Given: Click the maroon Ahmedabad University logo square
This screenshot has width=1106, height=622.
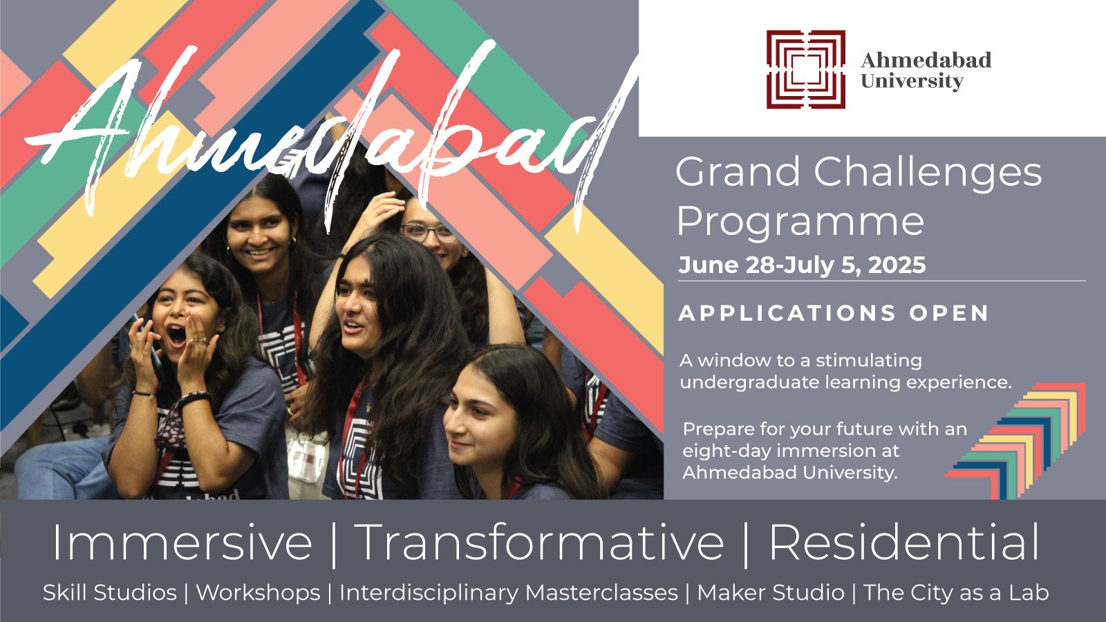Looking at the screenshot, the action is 806,69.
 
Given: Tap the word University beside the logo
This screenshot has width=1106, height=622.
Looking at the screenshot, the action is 912,81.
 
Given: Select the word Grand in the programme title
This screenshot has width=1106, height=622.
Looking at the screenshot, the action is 738,172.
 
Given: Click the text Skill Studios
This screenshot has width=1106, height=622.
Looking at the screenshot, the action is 110,592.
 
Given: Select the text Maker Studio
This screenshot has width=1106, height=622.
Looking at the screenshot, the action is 770,592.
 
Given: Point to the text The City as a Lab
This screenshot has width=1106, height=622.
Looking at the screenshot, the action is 956,592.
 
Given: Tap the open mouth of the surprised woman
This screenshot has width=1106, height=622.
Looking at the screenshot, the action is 176,336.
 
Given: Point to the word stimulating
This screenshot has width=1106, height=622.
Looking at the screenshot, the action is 869,361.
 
